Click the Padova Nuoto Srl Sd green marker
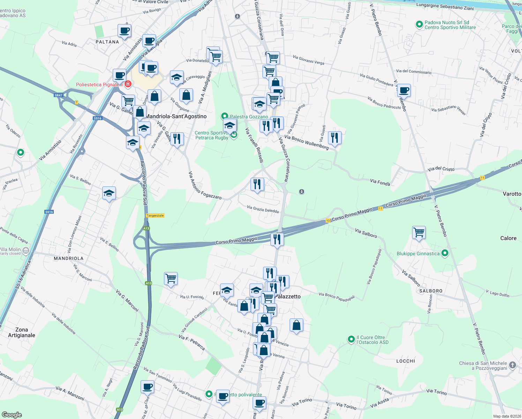click(x=419, y=25)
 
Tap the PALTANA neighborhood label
click(x=107, y=42)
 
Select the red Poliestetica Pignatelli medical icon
click(x=128, y=84)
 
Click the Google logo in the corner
click(x=12, y=414)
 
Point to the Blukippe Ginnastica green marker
click(x=445, y=253)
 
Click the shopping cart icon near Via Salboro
click(x=419, y=233)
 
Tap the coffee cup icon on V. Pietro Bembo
click(x=404, y=91)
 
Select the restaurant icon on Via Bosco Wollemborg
click(x=335, y=138)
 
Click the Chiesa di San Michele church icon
click(x=512, y=365)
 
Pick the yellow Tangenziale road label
click(x=155, y=215)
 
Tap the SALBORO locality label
click(x=431, y=291)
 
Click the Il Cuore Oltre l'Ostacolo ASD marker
click(x=351, y=339)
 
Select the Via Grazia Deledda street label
click(x=262, y=209)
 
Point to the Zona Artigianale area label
click(x=22, y=332)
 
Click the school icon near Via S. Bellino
click(x=109, y=193)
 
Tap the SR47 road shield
click(x=58, y=95)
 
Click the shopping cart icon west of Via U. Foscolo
click(x=171, y=279)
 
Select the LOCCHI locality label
click(x=405, y=361)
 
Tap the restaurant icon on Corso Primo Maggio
click(x=277, y=240)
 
